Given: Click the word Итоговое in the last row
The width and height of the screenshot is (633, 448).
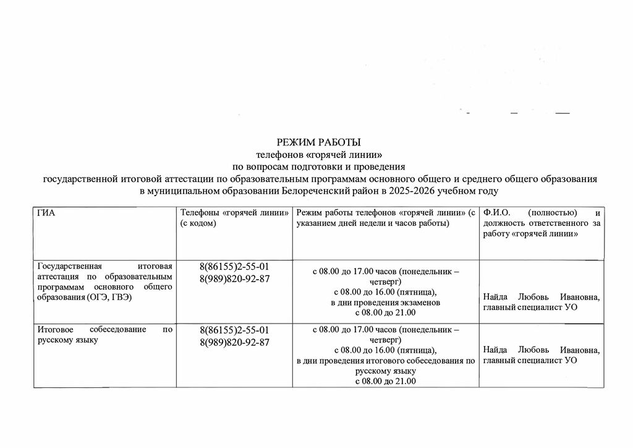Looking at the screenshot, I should coord(55,329).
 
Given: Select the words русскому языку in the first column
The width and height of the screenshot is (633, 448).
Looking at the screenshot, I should coord(68,340).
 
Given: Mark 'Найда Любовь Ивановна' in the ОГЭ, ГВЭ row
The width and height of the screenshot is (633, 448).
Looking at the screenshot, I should coord(542,297).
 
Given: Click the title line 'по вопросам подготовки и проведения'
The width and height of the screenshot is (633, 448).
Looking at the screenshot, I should coord(318,166).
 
